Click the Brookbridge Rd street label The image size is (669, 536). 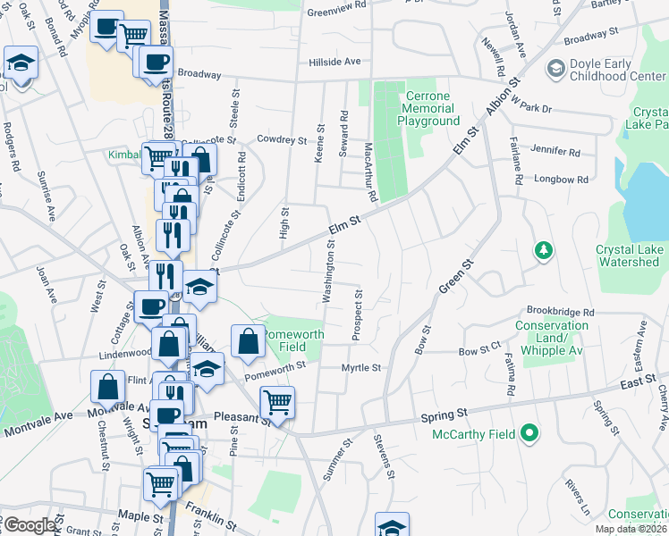tap(560, 312)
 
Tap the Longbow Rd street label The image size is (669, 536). tap(561, 180)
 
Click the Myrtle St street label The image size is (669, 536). tap(361, 367)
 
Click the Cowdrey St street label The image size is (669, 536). tap(282, 139)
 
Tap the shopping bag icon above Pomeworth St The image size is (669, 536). tap(248, 340)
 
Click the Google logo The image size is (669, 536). tap(29, 525)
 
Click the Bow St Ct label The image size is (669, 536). tap(479, 351)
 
